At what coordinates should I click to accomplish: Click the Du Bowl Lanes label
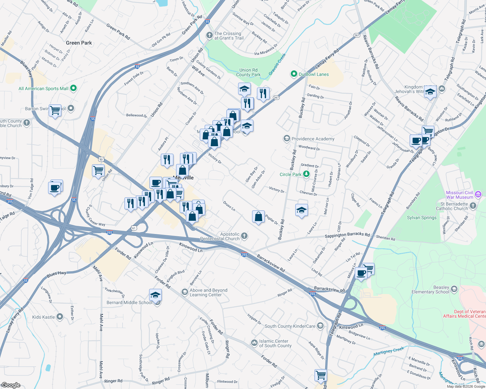(313, 74)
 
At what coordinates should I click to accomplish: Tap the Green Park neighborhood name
(79, 43)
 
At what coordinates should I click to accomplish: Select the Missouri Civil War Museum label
(459, 195)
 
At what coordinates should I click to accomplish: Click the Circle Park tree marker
(306, 174)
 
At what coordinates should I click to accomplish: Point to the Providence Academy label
(313, 139)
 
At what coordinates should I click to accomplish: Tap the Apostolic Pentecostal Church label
(220, 236)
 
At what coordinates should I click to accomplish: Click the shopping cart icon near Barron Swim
(55, 111)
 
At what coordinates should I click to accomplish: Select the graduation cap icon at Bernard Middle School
(155, 295)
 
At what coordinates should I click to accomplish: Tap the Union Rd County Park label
(248, 72)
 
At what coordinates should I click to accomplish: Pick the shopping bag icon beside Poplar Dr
(258, 217)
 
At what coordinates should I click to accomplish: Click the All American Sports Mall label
(44, 88)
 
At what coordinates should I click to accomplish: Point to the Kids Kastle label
(44, 317)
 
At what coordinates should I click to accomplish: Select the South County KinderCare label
(290, 326)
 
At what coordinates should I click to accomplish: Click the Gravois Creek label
(277, 65)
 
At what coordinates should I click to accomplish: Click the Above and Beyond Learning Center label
(208, 292)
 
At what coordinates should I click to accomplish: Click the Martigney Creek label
(389, 351)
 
